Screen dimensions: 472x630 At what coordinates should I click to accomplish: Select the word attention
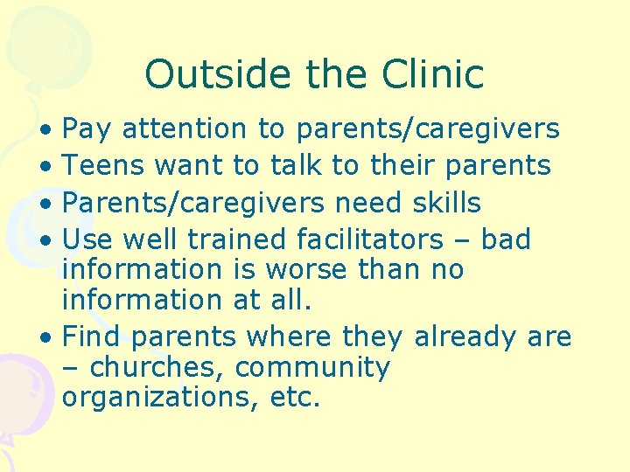(x=185, y=129)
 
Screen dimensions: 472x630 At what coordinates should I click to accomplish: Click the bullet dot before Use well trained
(x=54, y=240)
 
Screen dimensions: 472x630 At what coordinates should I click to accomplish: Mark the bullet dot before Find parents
(x=54, y=337)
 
